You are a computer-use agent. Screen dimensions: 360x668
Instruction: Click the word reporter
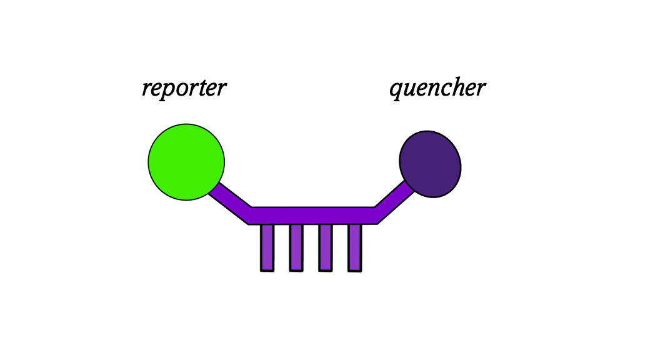click(x=184, y=88)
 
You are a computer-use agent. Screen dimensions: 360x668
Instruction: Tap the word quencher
click(x=437, y=88)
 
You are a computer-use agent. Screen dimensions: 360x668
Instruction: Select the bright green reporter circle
click(x=186, y=162)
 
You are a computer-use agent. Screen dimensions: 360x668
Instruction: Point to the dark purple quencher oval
click(x=430, y=164)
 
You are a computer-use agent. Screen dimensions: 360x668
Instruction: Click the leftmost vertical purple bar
click(x=267, y=247)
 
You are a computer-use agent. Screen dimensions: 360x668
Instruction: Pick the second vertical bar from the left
click(x=296, y=247)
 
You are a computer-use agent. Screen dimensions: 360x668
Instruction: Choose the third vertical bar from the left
click(x=325, y=247)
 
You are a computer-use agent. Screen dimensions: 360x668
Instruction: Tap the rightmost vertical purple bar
click(x=354, y=247)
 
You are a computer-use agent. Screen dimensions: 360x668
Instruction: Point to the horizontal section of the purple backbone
click(x=312, y=215)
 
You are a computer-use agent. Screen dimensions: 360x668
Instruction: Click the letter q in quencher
click(x=396, y=90)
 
